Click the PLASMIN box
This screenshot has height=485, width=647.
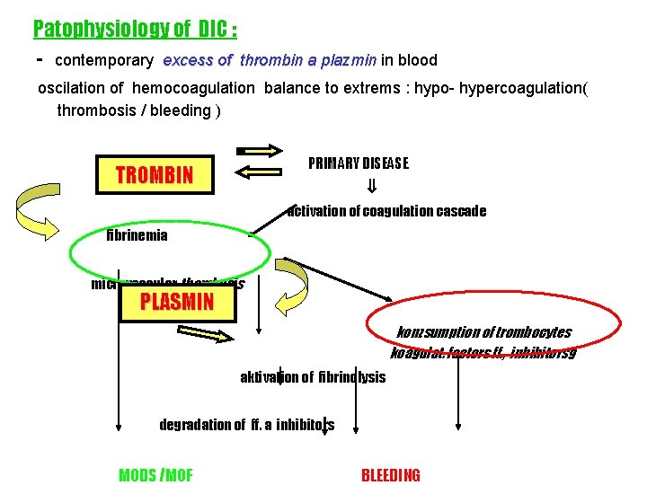pyautogui.click(x=177, y=302)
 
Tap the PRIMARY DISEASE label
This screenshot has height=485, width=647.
pyautogui.click(x=358, y=163)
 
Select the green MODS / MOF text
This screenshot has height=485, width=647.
pyautogui.click(x=155, y=475)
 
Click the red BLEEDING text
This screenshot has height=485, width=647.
pyautogui.click(x=390, y=475)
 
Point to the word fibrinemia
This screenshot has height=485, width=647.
pyautogui.click(x=137, y=235)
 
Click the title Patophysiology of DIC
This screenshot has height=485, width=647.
pyautogui.click(x=135, y=29)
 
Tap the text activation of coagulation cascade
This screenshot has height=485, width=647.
pyautogui.click(x=386, y=211)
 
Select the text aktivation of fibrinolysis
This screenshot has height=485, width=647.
pyautogui.click(x=313, y=376)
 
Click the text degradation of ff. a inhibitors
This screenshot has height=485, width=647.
pyautogui.click(x=246, y=425)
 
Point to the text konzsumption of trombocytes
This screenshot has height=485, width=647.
pyautogui.click(x=483, y=332)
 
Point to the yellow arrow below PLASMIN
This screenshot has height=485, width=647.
pyautogui.click(x=210, y=336)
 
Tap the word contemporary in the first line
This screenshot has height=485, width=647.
pyautogui.click(x=104, y=61)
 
